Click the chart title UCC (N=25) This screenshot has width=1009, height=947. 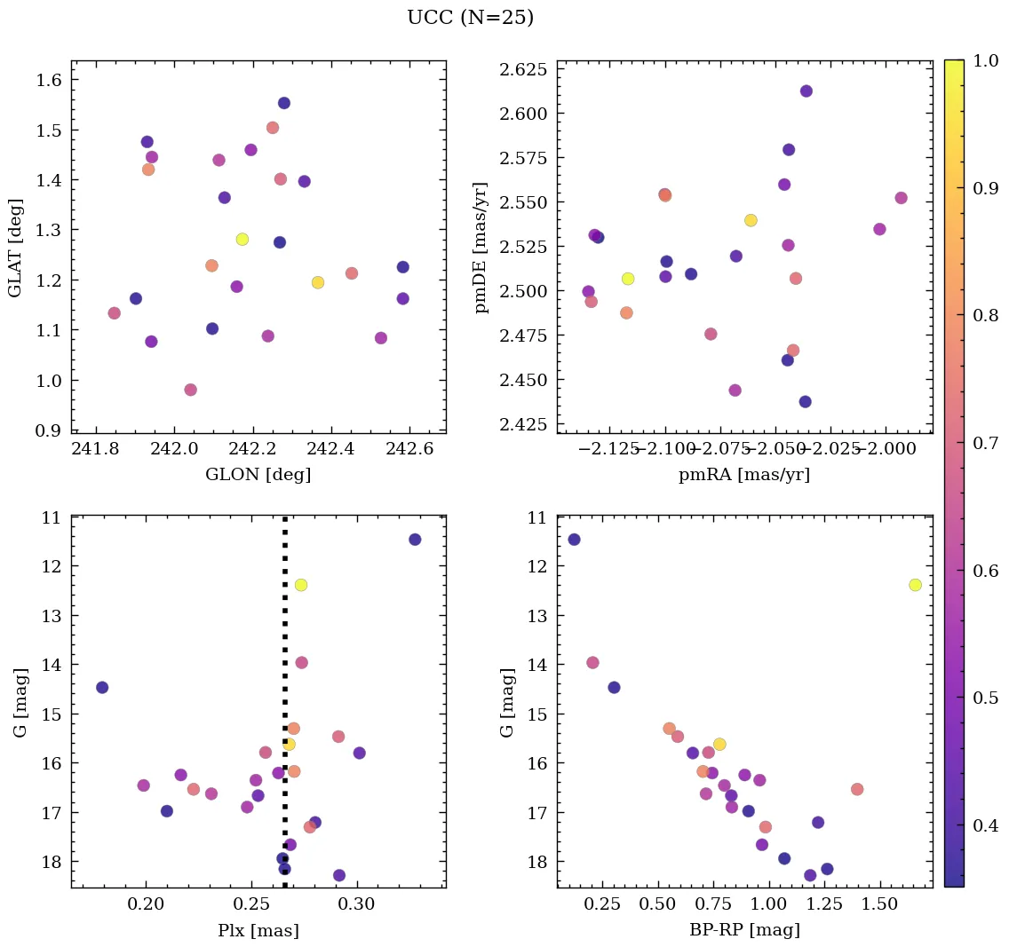(x=470, y=18)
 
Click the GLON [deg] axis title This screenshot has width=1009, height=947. (x=258, y=475)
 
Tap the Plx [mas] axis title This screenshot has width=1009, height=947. (x=258, y=930)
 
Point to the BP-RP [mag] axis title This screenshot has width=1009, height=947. (x=744, y=930)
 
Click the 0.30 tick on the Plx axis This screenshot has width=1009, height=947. (x=357, y=905)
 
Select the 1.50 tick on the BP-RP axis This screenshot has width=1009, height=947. (x=880, y=905)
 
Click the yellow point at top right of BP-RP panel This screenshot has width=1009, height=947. (x=915, y=585)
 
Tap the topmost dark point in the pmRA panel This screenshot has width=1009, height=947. (x=806, y=91)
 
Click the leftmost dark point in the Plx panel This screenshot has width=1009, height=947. (x=102, y=687)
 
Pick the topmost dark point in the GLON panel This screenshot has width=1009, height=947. (x=283, y=103)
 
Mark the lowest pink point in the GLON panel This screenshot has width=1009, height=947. (x=190, y=390)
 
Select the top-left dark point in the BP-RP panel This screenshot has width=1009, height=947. (x=574, y=540)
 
